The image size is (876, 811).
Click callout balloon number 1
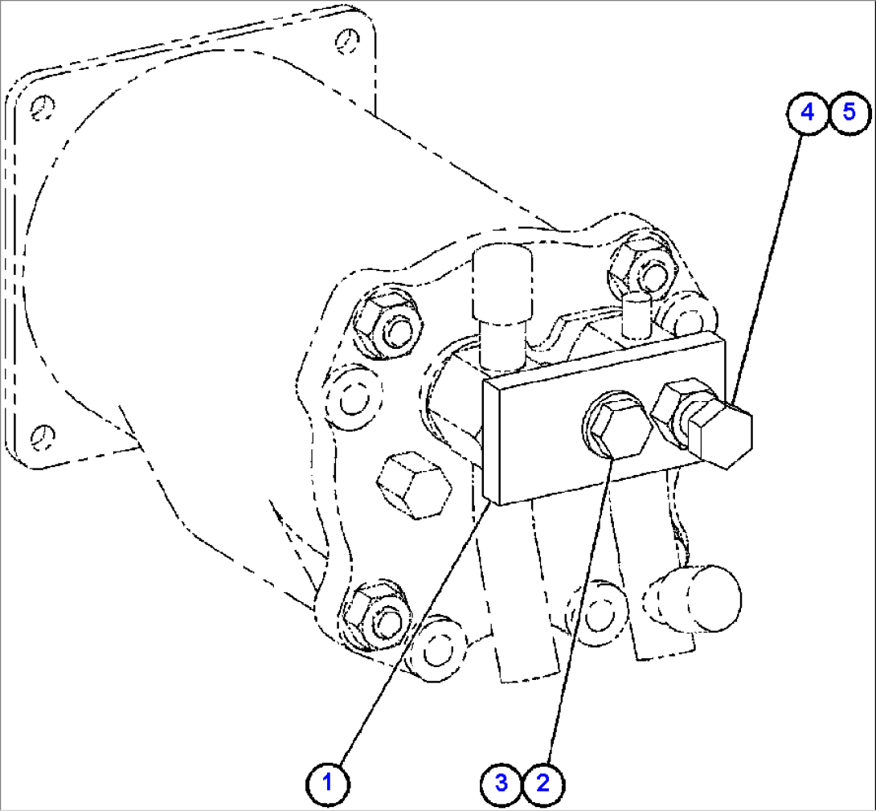pyautogui.click(x=328, y=781)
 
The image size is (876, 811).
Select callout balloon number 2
pyautogui.click(x=543, y=781)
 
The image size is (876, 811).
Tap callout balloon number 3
pyautogui.click(x=501, y=781)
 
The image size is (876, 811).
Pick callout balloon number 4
pyautogui.click(x=808, y=113)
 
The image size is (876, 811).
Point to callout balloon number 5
pyautogui.click(x=849, y=113)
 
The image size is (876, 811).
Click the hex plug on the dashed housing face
pyautogui.click(x=413, y=485)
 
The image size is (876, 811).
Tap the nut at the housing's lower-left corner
pyautogui.click(x=375, y=614)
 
